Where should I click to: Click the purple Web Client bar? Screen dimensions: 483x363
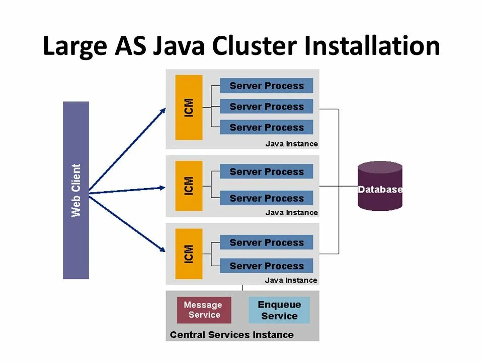76,190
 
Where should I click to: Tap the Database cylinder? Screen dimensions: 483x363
380,186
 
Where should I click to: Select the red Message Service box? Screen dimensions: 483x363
204,310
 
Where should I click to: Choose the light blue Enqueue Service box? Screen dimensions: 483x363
279,310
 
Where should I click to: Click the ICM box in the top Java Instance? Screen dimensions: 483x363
189,107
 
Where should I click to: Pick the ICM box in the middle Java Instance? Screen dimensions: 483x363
189,186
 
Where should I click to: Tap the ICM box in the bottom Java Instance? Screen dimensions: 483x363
189,254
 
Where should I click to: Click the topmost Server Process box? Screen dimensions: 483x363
267,86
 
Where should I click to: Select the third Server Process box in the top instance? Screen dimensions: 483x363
267,127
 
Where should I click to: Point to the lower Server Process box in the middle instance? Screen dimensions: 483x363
267,198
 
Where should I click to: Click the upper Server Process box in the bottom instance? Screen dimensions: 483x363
267,243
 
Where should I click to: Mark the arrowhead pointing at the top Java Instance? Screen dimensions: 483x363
163,112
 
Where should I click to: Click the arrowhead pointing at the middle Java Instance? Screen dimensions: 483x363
162,188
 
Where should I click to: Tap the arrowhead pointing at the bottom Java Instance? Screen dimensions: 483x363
162,249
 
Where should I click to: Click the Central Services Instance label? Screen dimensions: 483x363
231,335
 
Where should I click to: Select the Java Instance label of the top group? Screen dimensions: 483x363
291,144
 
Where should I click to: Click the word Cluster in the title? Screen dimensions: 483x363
254,46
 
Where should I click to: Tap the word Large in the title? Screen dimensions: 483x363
75,46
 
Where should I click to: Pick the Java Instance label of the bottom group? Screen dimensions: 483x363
291,280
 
